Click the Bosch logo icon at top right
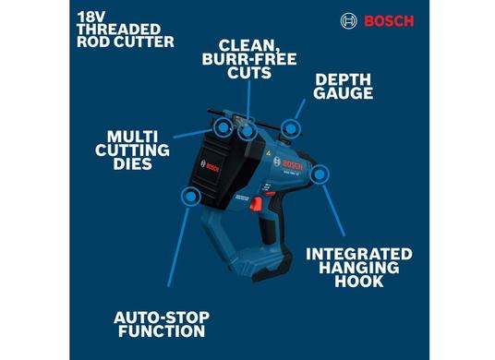click(x=349, y=20)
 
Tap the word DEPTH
click(x=344, y=78)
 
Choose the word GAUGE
click(x=344, y=93)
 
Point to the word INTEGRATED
click(x=359, y=253)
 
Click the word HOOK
click(x=360, y=282)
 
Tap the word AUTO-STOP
click(x=160, y=316)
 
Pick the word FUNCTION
click(x=160, y=330)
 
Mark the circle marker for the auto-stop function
click(x=192, y=197)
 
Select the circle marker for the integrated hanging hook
click(x=320, y=174)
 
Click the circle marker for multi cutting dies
click(x=223, y=125)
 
